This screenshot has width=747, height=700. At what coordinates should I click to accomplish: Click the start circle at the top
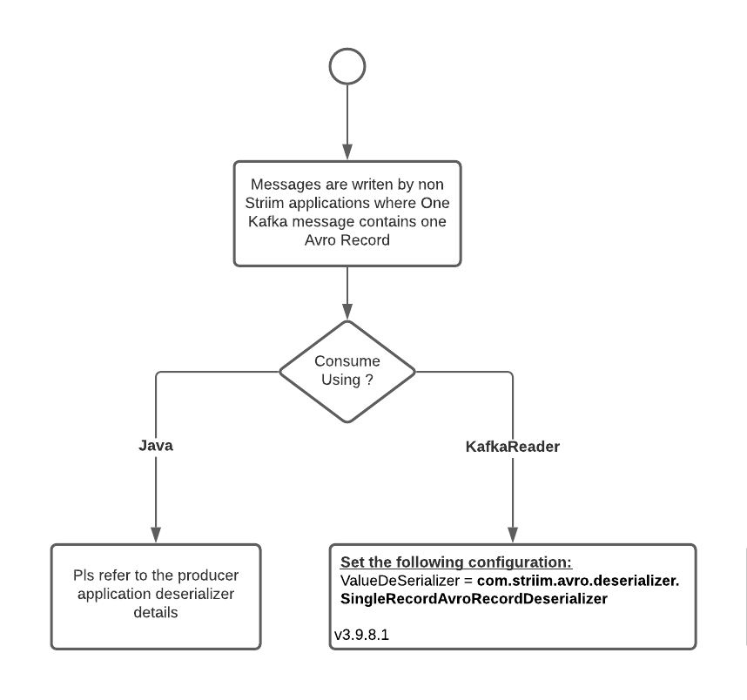pyautogui.click(x=347, y=66)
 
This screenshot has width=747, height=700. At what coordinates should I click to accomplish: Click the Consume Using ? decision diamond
pyautogui.click(x=347, y=369)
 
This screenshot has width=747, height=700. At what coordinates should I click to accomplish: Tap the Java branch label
pyautogui.click(x=156, y=446)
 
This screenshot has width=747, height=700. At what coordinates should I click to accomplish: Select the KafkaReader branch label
pyautogui.click(x=513, y=447)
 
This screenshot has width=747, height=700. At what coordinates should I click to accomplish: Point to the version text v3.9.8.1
pyautogui.click(x=362, y=636)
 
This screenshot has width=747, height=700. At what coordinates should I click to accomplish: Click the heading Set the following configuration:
pyautogui.click(x=455, y=562)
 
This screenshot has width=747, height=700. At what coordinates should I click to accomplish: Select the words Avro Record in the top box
pyautogui.click(x=347, y=241)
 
